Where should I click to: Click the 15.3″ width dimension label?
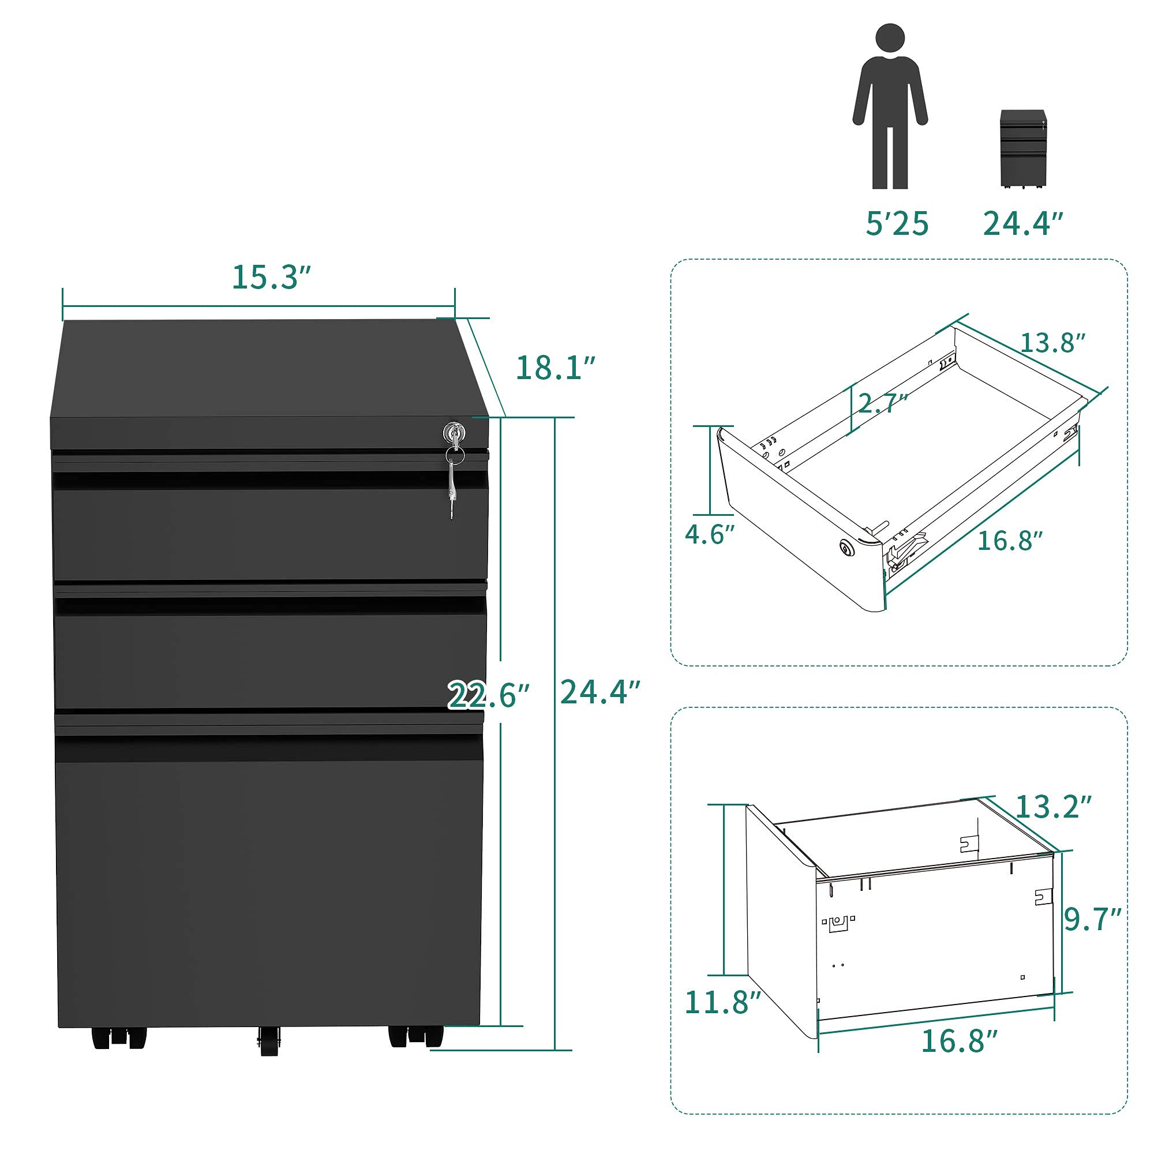pos(271,278)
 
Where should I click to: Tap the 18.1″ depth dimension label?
pos(556,368)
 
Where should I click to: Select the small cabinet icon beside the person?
pos(1023,149)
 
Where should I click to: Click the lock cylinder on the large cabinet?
pos(455,431)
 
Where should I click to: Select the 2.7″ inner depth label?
pos(882,404)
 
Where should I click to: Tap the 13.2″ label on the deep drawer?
pos(1053,808)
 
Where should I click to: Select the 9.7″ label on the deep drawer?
pos(1092,920)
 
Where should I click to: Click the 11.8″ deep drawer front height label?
pos(722,1002)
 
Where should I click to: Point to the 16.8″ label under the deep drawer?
pos(960,1041)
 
